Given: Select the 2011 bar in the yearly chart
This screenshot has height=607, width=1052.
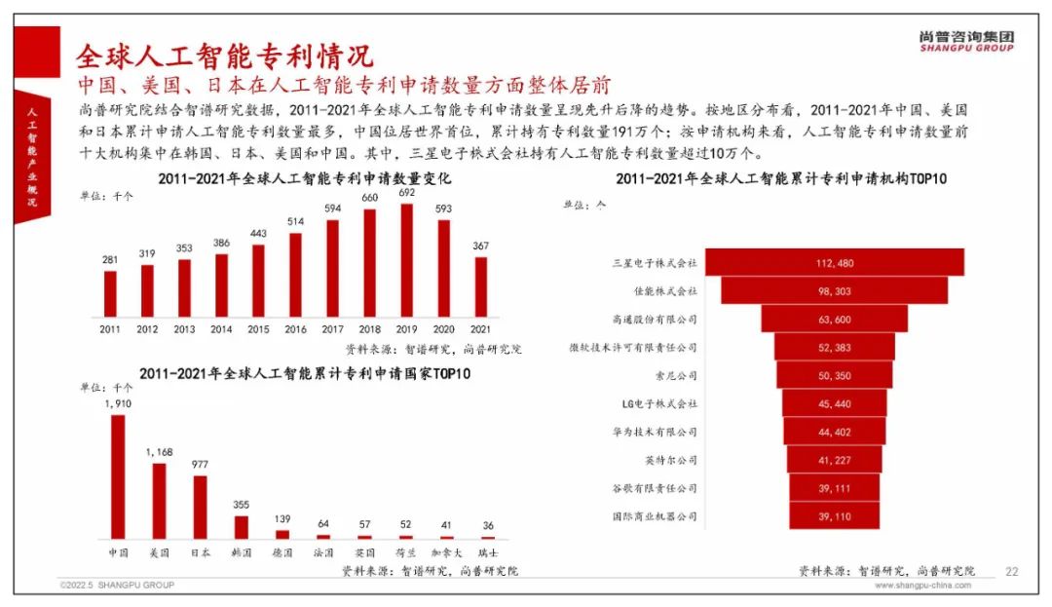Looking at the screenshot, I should pyautogui.click(x=110, y=293).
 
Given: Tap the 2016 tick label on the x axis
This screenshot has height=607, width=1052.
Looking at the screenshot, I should pyautogui.click(x=295, y=330).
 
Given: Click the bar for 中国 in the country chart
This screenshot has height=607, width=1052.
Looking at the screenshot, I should pyautogui.click(x=118, y=476).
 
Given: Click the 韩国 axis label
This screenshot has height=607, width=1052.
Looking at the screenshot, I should pyautogui.click(x=241, y=552).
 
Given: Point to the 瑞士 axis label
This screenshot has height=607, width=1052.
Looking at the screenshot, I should pyautogui.click(x=486, y=552).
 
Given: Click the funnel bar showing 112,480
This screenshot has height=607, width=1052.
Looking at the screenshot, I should pyautogui.click(x=834, y=262).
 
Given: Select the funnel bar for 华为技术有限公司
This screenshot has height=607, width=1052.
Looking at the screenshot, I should pyautogui.click(x=834, y=432).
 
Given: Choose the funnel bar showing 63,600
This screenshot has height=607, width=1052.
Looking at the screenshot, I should pyautogui.click(x=834, y=319).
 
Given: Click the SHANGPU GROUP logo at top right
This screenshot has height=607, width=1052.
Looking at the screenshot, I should pyautogui.click(x=965, y=40).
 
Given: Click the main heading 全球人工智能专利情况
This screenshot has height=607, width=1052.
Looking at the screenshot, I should pyautogui.click(x=224, y=53).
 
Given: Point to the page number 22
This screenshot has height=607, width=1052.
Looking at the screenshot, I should pyautogui.click(x=1010, y=571).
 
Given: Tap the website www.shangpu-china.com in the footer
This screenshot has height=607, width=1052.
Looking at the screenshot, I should pyautogui.click(x=922, y=586).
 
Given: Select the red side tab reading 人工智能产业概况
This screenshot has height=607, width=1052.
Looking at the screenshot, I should pyautogui.click(x=30, y=156).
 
